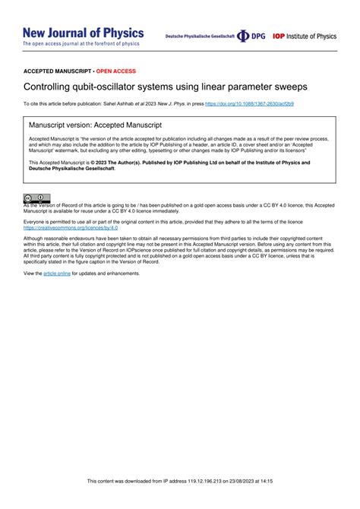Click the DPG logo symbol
coord(243,36)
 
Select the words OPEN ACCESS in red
coord(116,71)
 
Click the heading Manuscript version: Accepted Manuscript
coord(95,125)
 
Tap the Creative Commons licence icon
coord(36,198)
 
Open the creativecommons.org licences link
coord(71,227)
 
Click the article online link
coord(57,273)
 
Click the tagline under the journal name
coord(81,44)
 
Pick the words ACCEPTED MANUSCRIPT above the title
coord(57,71)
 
